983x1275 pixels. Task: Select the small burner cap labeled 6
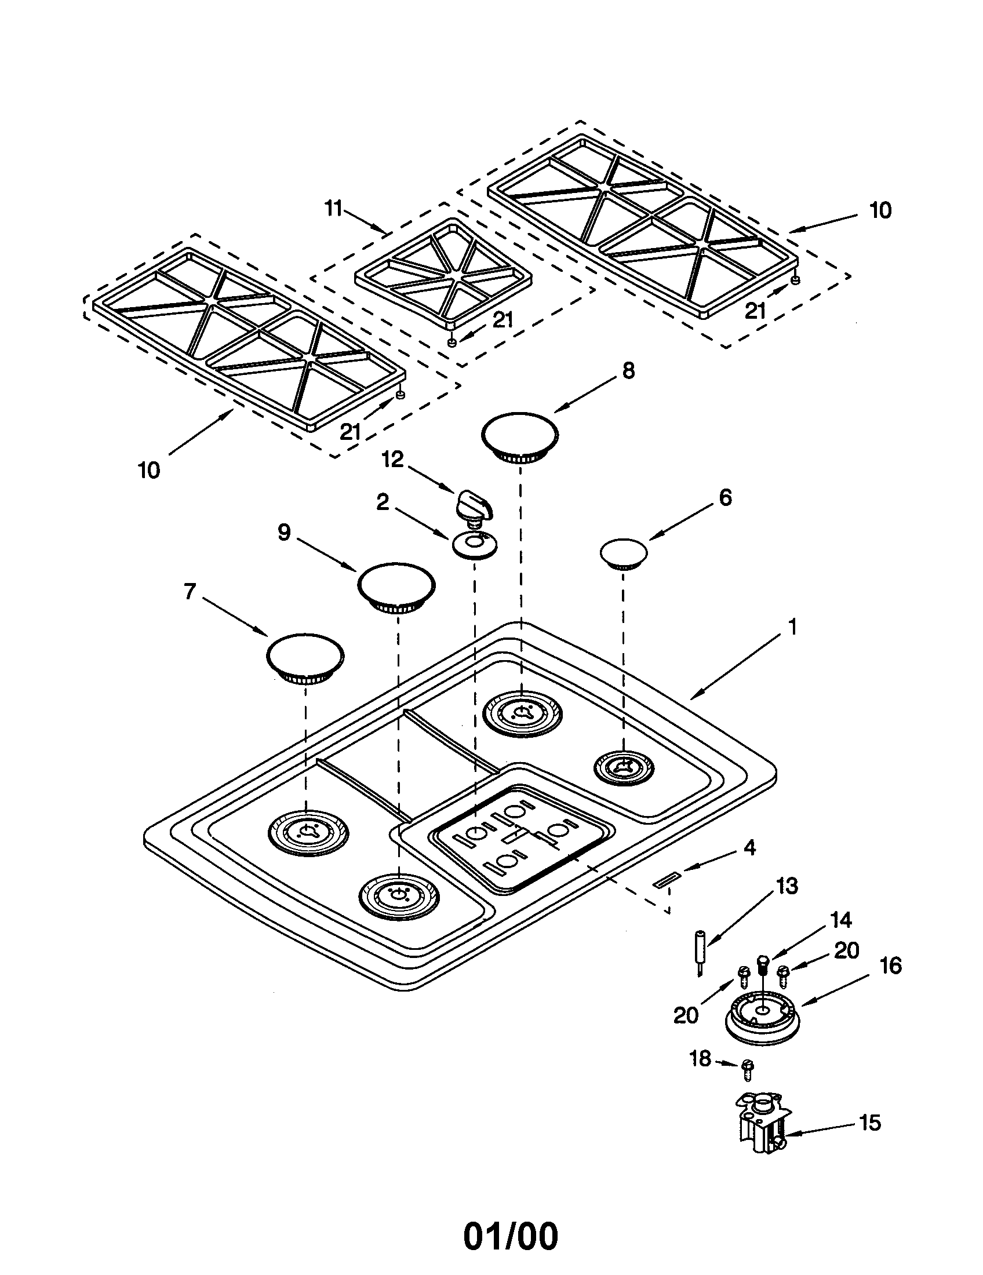click(624, 552)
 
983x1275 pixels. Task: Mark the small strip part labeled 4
click(666, 881)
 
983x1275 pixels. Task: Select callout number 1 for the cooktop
click(792, 628)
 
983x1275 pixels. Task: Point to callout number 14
click(841, 921)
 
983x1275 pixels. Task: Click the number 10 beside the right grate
click(880, 211)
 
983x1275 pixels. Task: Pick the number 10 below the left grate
click(149, 470)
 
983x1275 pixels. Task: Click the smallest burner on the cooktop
click(624, 768)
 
